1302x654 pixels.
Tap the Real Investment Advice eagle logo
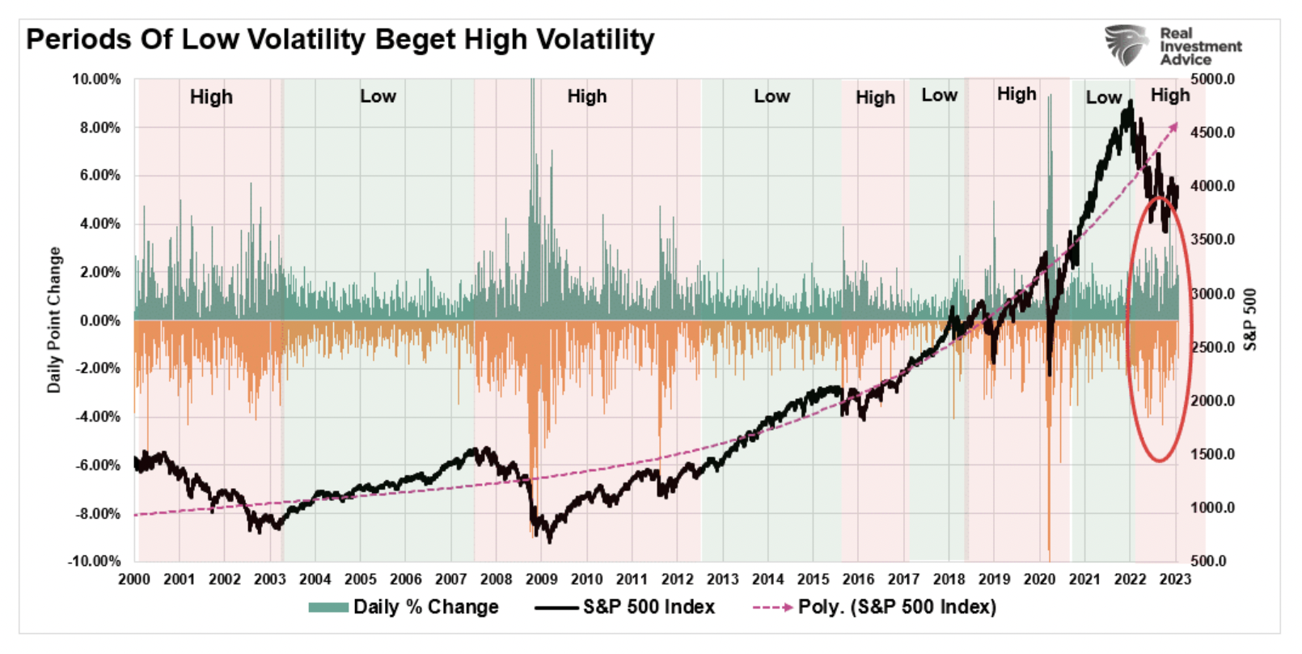click(1127, 45)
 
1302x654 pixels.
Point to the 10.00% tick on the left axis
click(96, 79)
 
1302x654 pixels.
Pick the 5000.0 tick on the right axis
click(1212, 79)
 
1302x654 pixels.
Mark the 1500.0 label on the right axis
click(1212, 454)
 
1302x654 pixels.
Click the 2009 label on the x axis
click(541, 579)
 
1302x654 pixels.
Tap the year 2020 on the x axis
click(1039, 579)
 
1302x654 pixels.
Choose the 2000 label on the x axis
click(134, 579)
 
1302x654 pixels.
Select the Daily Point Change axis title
click(54, 321)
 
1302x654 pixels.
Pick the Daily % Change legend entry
click(404, 607)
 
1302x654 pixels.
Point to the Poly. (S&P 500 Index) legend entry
click(875, 607)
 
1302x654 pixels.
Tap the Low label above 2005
click(378, 96)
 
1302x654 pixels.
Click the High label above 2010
click(586, 96)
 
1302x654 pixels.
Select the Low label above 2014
click(771, 96)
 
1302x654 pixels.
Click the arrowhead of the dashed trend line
click(1174, 125)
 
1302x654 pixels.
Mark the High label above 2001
click(211, 97)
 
